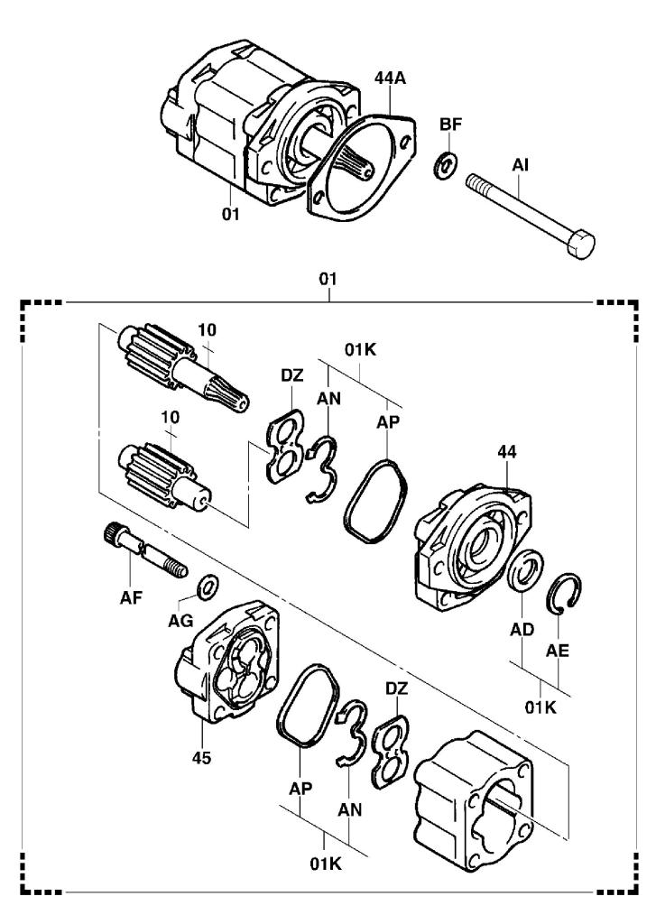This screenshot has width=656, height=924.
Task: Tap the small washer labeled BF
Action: click(446, 164)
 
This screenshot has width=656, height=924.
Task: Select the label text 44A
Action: click(390, 79)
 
